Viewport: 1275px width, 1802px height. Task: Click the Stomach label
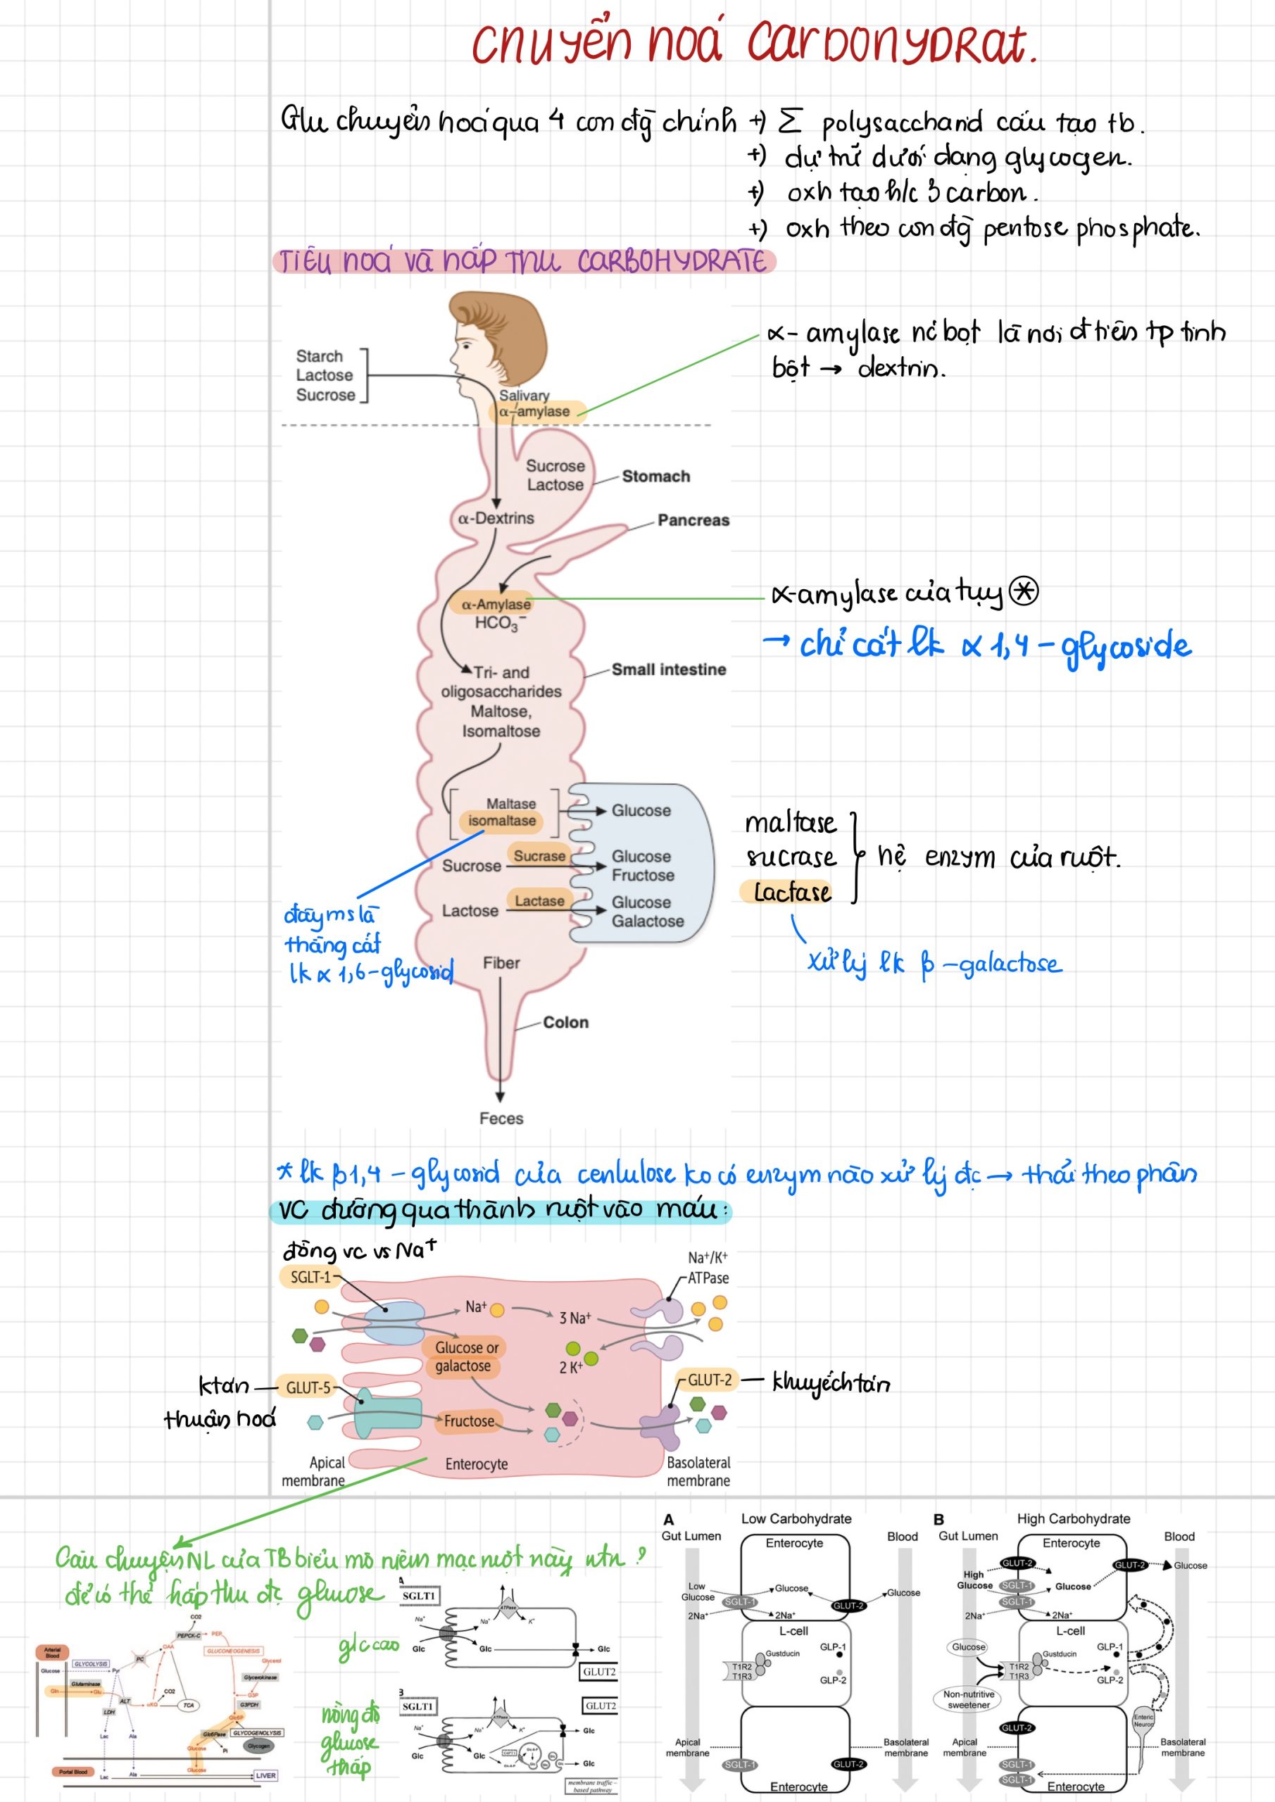(655, 477)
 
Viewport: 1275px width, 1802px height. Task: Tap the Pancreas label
(693, 520)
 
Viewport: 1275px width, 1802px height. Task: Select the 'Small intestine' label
(668, 669)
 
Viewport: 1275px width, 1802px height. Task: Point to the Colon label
(565, 1022)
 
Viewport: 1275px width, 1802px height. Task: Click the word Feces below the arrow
(501, 1119)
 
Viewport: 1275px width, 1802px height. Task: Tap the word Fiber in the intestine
(501, 963)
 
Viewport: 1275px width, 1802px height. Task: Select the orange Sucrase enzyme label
(539, 855)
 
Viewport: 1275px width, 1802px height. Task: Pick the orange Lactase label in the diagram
(539, 900)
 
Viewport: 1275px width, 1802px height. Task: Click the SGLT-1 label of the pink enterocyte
(310, 1277)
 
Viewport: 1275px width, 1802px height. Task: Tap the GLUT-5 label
(308, 1387)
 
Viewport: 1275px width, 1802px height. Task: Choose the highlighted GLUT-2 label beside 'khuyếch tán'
(709, 1380)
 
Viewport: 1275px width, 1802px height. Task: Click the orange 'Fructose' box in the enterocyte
(469, 1420)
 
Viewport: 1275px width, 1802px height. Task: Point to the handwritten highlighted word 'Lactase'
(791, 893)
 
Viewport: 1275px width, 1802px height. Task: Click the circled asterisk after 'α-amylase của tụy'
(1023, 591)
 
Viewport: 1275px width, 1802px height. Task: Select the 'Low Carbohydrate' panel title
(796, 1518)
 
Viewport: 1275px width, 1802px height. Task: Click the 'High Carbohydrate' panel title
(1073, 1518)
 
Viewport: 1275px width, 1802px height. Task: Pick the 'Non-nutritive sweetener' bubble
(968, 1699)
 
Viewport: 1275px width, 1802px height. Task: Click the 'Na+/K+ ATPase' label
(708, 1268)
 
